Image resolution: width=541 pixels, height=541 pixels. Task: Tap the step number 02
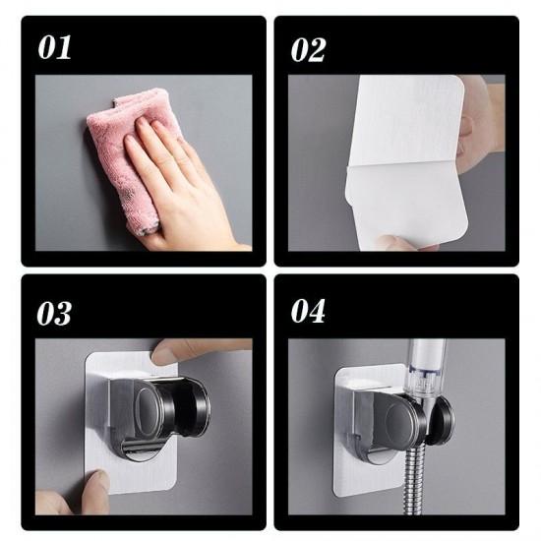tap(308, 49)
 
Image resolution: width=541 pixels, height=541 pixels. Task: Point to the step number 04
tap(308, 312)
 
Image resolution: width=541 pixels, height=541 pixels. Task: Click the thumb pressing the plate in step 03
tap(197, 350)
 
